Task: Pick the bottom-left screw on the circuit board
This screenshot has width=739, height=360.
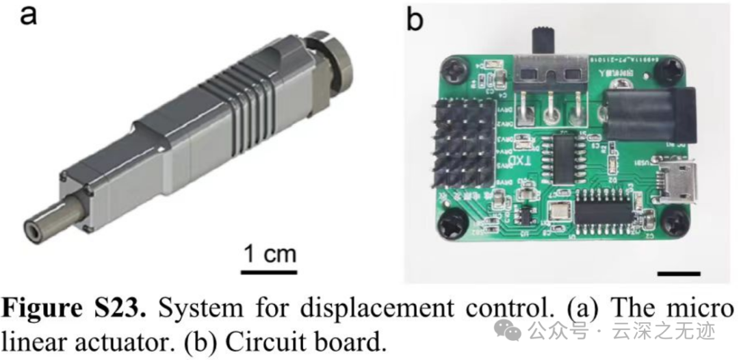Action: click(452, 225)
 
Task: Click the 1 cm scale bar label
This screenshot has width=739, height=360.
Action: click(270, 255)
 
